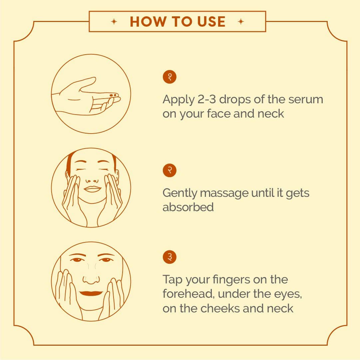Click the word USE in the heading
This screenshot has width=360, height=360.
tap(211, 22)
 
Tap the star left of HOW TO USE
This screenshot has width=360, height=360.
tap(114, 22)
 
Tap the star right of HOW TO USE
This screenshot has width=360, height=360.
tap(241, 22)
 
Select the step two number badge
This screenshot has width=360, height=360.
tap(170, 171)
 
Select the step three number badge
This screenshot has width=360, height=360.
tap(170, 257)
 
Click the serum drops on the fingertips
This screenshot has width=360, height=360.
tap(113, 95)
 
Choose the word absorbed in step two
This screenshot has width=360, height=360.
tap(188, 207)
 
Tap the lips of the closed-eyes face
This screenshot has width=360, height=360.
tap(92, 189)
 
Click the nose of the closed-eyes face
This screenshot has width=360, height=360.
tap(92, 181)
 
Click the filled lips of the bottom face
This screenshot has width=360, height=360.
tap(91, 293)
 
